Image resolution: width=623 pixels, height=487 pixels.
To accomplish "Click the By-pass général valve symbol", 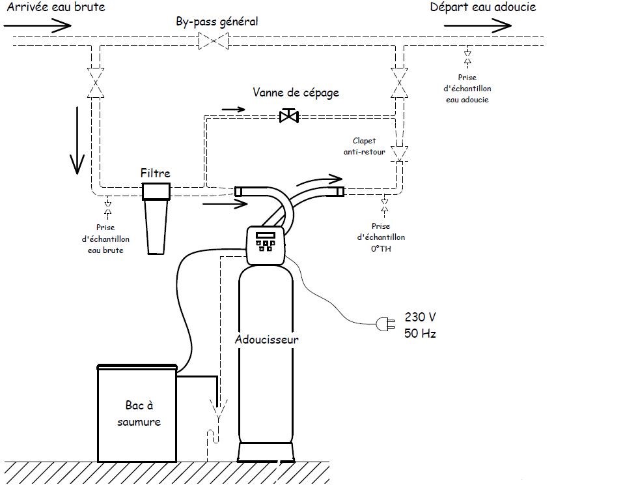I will [214, 42].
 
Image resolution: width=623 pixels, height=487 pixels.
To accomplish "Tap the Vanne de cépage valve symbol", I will [288, 117].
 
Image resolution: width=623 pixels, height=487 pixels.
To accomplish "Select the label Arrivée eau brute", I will [52, 8].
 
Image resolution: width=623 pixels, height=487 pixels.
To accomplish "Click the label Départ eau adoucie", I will [483, 8].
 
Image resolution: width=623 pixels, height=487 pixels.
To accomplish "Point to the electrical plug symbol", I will [384, 323].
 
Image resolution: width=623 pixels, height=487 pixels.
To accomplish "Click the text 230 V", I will [421, 317].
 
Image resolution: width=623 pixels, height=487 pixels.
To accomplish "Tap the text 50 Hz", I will [421, 333].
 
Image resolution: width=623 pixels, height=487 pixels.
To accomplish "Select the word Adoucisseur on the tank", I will [268, 340].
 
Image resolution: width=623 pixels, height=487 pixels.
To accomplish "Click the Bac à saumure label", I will [139, 413].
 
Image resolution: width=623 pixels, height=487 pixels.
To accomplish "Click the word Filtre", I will [156, 173].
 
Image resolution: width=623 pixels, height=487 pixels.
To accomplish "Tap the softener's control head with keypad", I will [268, 244].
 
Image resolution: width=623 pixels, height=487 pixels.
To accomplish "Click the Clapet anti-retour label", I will [364, 147].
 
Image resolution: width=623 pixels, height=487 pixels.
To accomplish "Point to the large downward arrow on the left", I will [77, 140].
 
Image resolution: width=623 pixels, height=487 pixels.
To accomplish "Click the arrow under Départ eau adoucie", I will [478, 26].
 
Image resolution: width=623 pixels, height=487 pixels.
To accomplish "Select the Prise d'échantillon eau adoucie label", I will [467, 89].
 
